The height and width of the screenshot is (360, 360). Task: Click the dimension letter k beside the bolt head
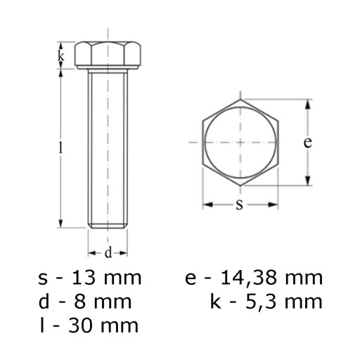(x=60, y=56)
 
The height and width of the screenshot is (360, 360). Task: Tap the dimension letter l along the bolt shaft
(x=61, y=148)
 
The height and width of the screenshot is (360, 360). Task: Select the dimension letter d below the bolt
(x=108, y=253)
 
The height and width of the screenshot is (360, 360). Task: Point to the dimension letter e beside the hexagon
(x=307, y=142)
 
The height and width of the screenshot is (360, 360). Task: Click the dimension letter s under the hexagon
(x=239, y=205)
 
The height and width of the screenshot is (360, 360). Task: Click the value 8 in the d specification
(x=79, y=302)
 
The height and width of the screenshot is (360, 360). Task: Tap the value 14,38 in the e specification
(x=248, y=278)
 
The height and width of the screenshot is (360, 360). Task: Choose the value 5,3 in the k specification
(x=261, y=302)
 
